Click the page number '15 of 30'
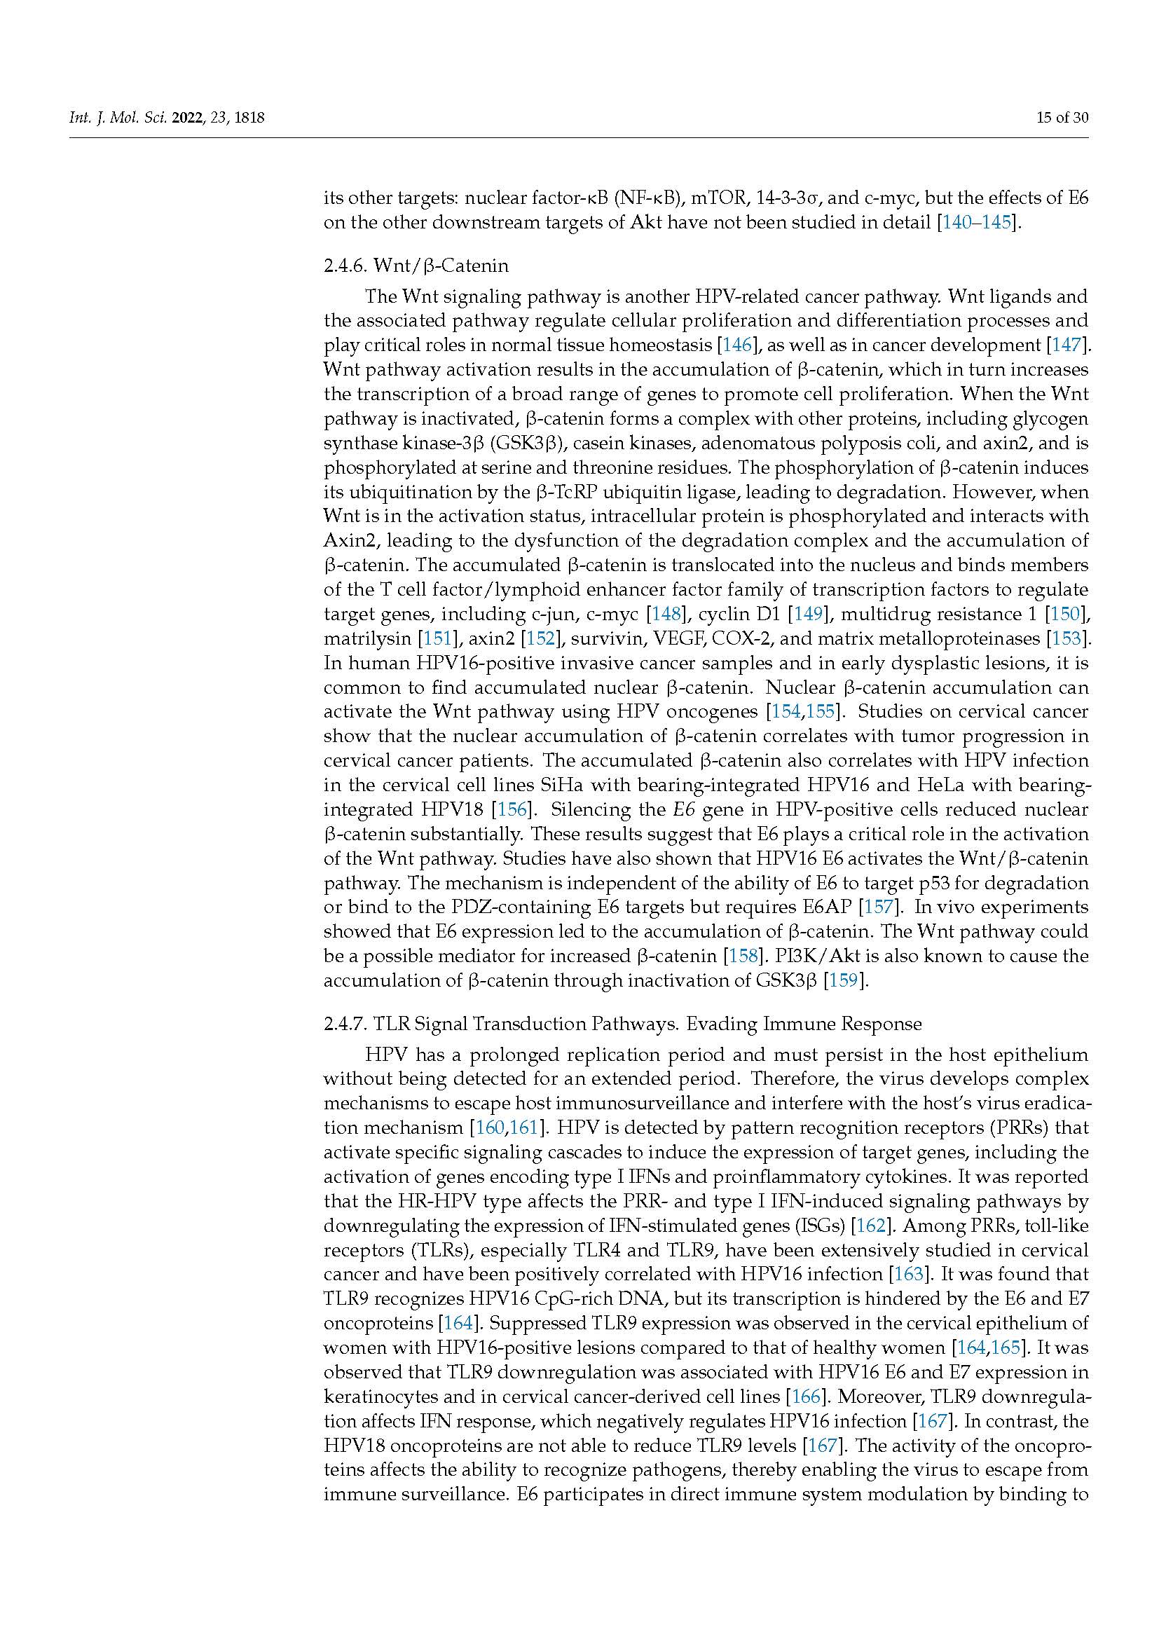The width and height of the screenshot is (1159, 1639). click(1062, 118)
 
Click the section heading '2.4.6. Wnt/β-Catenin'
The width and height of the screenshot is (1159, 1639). click(416, 266)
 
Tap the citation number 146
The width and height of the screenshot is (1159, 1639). click(737, 345)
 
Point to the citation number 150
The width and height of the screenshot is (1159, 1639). click(1067, 614)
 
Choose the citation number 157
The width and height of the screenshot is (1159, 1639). click(878, 907)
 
